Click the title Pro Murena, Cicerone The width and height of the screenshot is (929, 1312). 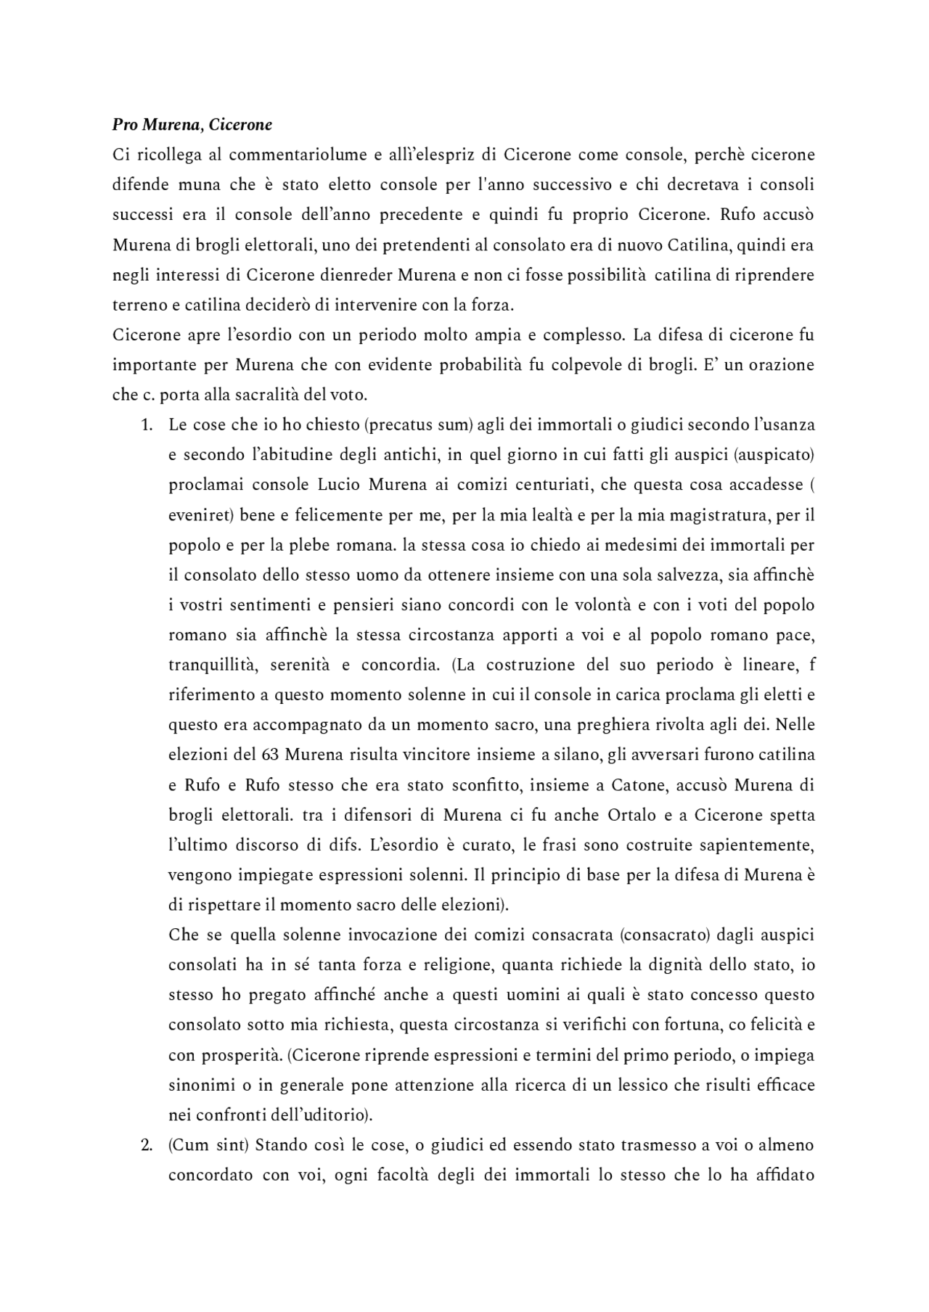(192, 125)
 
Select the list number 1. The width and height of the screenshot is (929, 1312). (147, 425)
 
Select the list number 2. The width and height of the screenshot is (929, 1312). (147, 1146)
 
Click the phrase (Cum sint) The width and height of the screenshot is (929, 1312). (209, 1146)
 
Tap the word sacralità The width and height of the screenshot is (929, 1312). (233, 395)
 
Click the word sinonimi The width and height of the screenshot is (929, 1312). (198, 1086)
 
